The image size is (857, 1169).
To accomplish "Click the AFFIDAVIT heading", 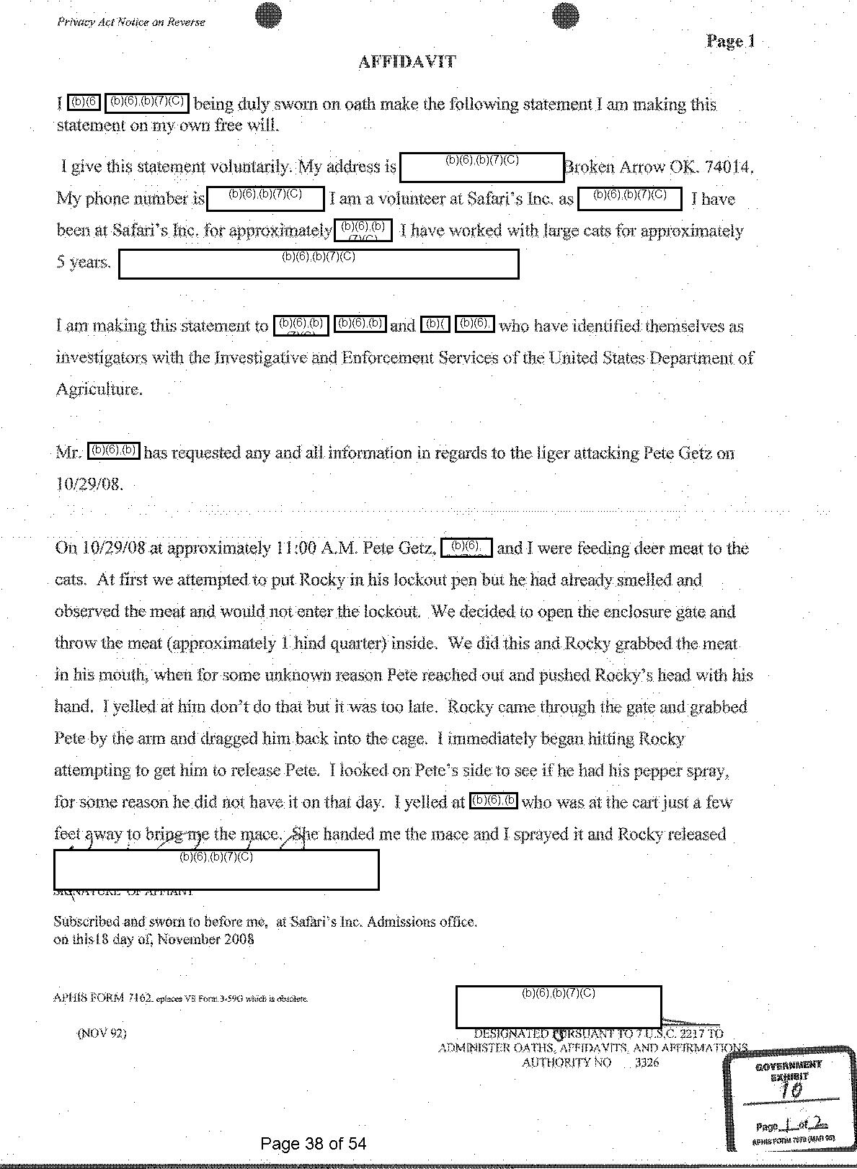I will [x=407, y=62].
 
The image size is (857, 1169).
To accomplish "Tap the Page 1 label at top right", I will [x=730, y=41].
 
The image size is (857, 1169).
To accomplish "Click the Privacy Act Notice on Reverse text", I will [x=130, y=22].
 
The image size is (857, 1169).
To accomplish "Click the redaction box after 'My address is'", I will [x=481, y=166].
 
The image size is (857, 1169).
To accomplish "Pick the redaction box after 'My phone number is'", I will [x=265, y=198].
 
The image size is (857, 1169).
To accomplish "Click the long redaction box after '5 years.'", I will [x=318, y=264].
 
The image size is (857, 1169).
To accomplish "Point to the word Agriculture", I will [x=99, y=389].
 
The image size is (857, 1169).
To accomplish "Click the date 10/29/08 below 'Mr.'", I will [x=89, y=484].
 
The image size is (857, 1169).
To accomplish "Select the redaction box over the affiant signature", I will [x=216, y=869].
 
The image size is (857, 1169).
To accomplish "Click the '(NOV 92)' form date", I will [x=102, y=1033].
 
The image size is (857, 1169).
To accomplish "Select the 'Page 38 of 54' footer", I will [x=314, y=1143].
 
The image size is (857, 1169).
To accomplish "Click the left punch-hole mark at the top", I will [x=268, y=15].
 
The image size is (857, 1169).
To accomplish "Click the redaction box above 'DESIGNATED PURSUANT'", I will [x=558, y=1006].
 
